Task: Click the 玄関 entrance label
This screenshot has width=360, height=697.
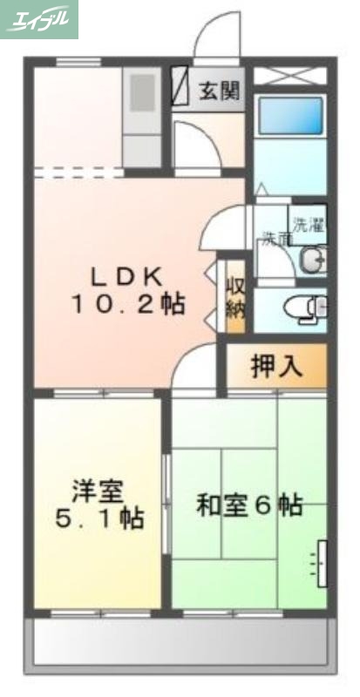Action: coord(219,90)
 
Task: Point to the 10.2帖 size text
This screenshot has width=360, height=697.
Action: coord(127,305)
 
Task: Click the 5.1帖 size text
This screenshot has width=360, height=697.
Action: coord(99,519)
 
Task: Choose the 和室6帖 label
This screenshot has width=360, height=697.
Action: coord(248,504)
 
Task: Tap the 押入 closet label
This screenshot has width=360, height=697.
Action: coord(276,367)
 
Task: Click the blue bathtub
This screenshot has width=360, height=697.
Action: coord(291,115)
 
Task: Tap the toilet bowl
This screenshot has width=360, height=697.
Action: coord(307,308)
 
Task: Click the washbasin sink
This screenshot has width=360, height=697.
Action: coord(313,260)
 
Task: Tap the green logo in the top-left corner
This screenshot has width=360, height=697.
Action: coord(39,19)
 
